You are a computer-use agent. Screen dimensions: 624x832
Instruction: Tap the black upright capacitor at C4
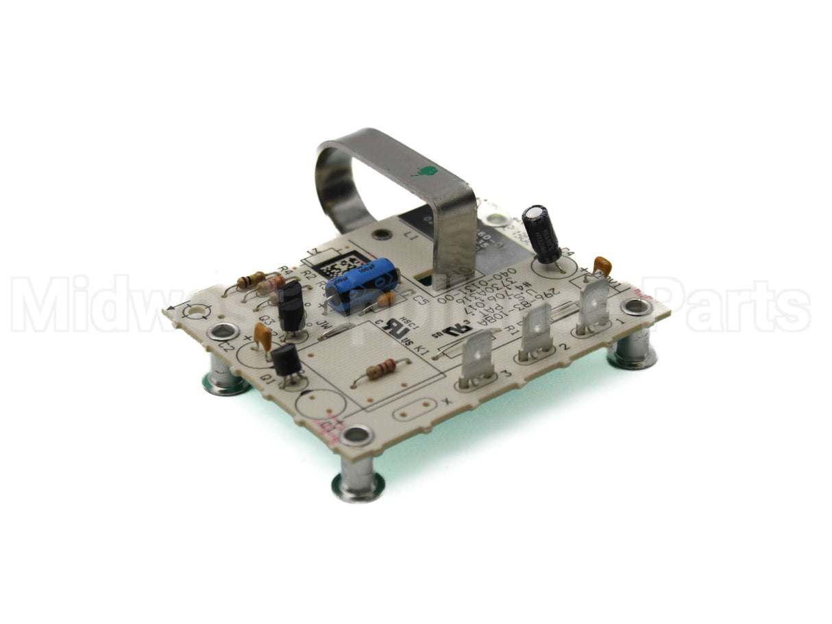coord(541,233)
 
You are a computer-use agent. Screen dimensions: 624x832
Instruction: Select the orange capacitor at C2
coord(262,336)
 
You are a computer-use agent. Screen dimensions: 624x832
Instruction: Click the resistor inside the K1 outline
coord(380,369)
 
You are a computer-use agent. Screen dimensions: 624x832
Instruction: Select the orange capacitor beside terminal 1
coord(602,265)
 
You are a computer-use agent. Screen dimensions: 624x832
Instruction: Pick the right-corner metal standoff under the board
coord(631,351)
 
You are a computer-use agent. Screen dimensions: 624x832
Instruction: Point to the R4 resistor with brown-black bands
coord(251,279)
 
